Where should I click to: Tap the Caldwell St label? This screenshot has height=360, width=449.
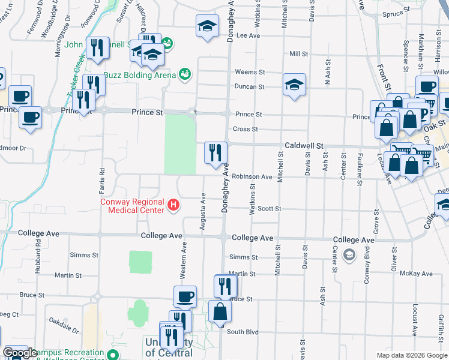pos(304,146)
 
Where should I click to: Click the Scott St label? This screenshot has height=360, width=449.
pos(270,209)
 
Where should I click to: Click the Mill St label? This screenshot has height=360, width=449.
pos(298,54)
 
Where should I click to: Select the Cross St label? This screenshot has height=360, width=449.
pos(246,129)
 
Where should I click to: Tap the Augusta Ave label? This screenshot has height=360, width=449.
pos(203,211)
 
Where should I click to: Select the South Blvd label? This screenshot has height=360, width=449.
pos(243,332)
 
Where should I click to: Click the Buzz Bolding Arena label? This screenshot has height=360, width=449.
pos(140,75)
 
